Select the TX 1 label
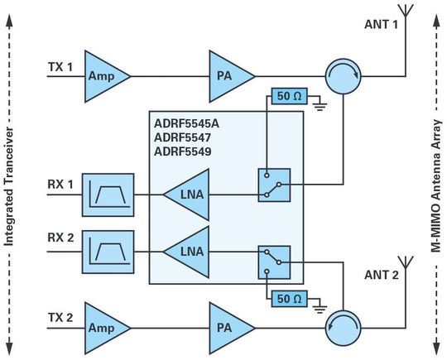60,65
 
